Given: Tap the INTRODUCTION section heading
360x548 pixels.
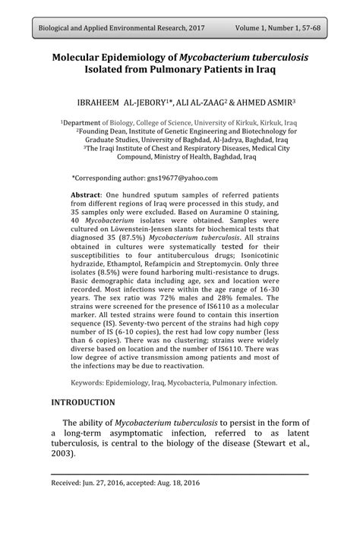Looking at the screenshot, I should [x=83, y=402].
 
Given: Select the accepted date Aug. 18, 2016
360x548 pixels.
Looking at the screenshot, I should [x=180, y=482].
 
